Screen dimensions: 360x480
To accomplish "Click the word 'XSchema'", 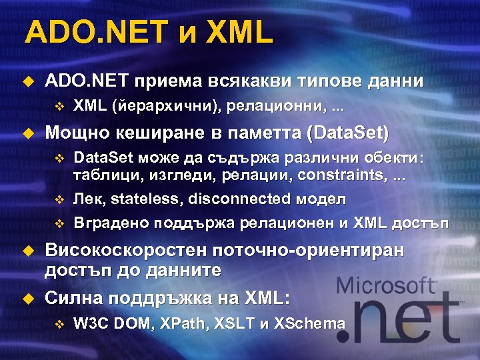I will [312, 324].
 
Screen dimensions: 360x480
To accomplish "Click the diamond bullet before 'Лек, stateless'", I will [58, 199].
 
